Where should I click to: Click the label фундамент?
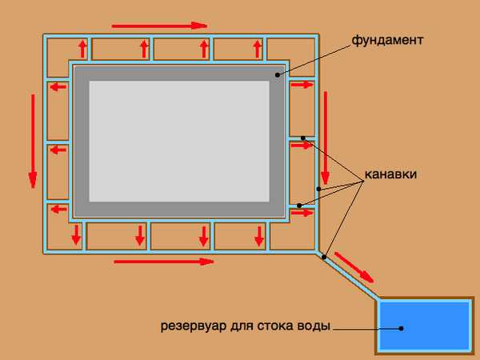click(386, 39)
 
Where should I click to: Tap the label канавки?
click(390, 174)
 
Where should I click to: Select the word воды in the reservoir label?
click(314, 326)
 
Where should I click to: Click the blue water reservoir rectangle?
click(424, 326)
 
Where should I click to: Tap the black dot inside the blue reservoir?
click(402, 327)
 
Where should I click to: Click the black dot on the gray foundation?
click(278, 74)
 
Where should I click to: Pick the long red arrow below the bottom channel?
click(164, 261)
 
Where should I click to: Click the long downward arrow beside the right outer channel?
click(326, 136)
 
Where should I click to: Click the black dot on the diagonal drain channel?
click(324, 256)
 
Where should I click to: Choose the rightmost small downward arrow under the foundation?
click(259, 235)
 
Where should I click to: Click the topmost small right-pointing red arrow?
click(301, 84)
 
